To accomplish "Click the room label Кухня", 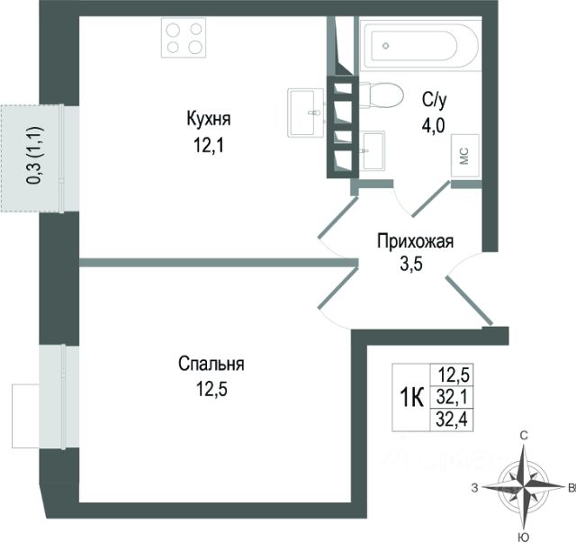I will tap(209, 118).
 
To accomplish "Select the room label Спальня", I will tap(211, 365).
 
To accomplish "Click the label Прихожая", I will tap(414, 241).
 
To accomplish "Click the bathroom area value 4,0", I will tap(434, 125).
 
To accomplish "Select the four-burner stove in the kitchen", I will tap(184, 39).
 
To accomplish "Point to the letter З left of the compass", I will tap(473, 488).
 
